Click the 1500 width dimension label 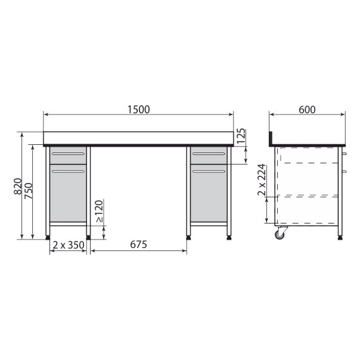138,110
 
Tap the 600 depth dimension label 307,110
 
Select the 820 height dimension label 18,186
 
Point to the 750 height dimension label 29,191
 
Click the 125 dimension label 241,136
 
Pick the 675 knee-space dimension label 138,244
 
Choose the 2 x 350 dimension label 69,245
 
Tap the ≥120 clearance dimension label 100,211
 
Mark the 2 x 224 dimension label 262,180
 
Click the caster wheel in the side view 280,234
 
